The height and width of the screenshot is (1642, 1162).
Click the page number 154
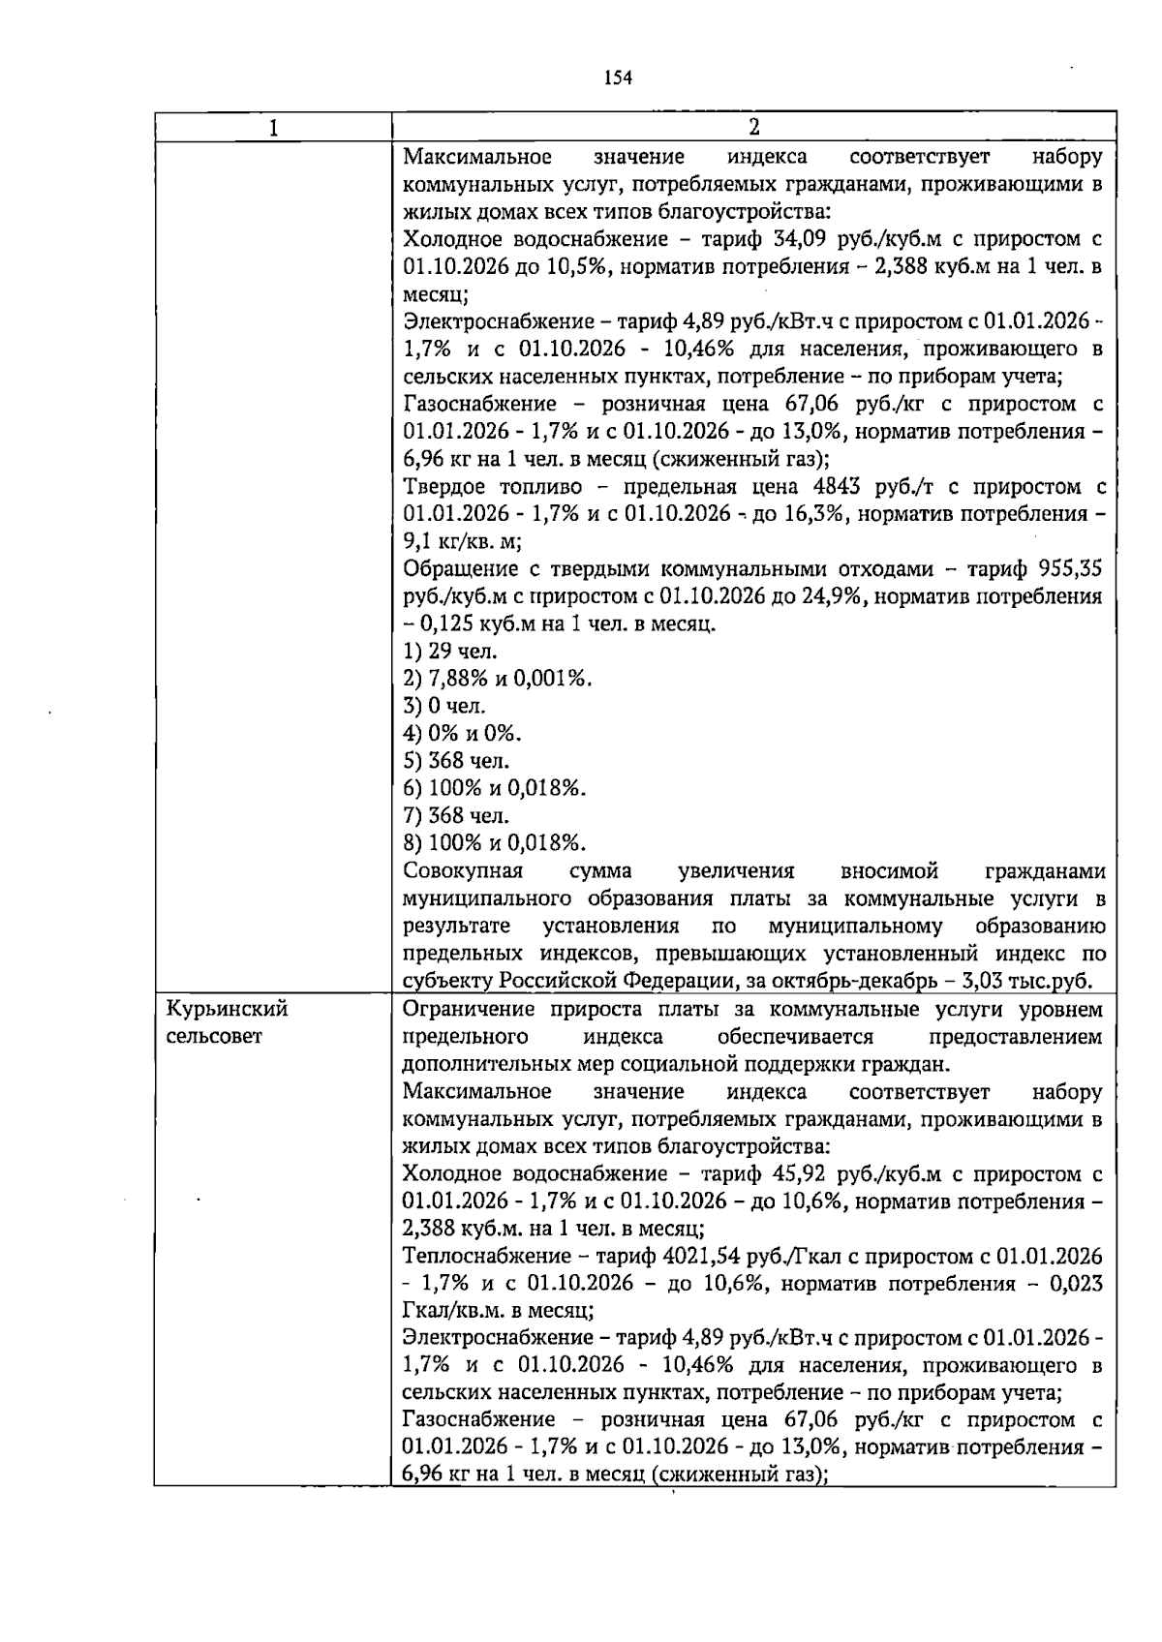click(x=618, y=78)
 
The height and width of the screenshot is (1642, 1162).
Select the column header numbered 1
click(x=272, y=128)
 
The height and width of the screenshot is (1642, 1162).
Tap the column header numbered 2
click(x=753, y=128)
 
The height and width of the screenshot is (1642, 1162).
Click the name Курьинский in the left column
click(x=228, y=1009)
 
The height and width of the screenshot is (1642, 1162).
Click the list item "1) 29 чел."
click(x=450, y=651)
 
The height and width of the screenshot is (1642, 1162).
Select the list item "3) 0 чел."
click(x=444, y=706)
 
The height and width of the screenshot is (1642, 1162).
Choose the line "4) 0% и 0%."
click(x=463, y=733)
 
